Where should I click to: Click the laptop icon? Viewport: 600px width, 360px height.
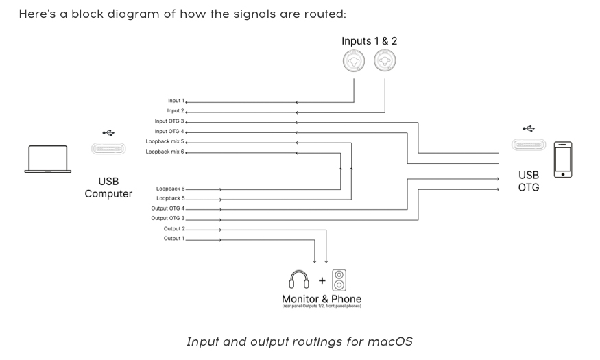[x=47, y=158]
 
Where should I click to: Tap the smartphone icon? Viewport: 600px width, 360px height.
[x=563, y=159]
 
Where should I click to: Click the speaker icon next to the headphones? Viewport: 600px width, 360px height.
[x=339, y=280]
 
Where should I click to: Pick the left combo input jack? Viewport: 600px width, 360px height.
[x=355, y=61]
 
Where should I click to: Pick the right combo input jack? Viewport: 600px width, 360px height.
[x=385, y=61]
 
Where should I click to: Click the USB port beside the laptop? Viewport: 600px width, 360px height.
[x=108, y=148]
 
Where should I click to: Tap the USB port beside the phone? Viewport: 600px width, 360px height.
[x=528, y=145]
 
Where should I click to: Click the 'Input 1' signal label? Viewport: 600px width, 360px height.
[x=176, y=101]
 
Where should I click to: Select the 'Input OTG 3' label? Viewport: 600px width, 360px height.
[x=169, y=121]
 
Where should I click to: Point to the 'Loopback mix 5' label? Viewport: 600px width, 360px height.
[x=165, y=141]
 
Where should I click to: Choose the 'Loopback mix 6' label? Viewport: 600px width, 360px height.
[x=165, y=152]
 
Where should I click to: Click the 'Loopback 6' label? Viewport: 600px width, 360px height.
[x=171, y=188]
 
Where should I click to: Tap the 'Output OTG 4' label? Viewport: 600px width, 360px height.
[x=168, y=208]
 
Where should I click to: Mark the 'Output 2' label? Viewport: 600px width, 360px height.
[x=173, y=228]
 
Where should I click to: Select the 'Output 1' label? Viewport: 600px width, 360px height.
[x=173, y=239]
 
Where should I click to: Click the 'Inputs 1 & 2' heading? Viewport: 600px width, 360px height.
[x=369, y=41]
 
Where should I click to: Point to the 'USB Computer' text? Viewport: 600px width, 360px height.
[x=108, y=188]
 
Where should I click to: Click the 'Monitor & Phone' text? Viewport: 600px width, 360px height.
[x=321, y=299]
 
